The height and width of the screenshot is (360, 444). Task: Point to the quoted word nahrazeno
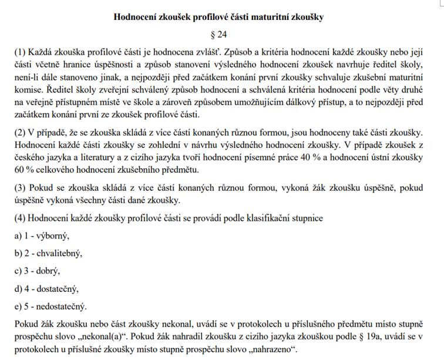(x=271, y=349)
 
